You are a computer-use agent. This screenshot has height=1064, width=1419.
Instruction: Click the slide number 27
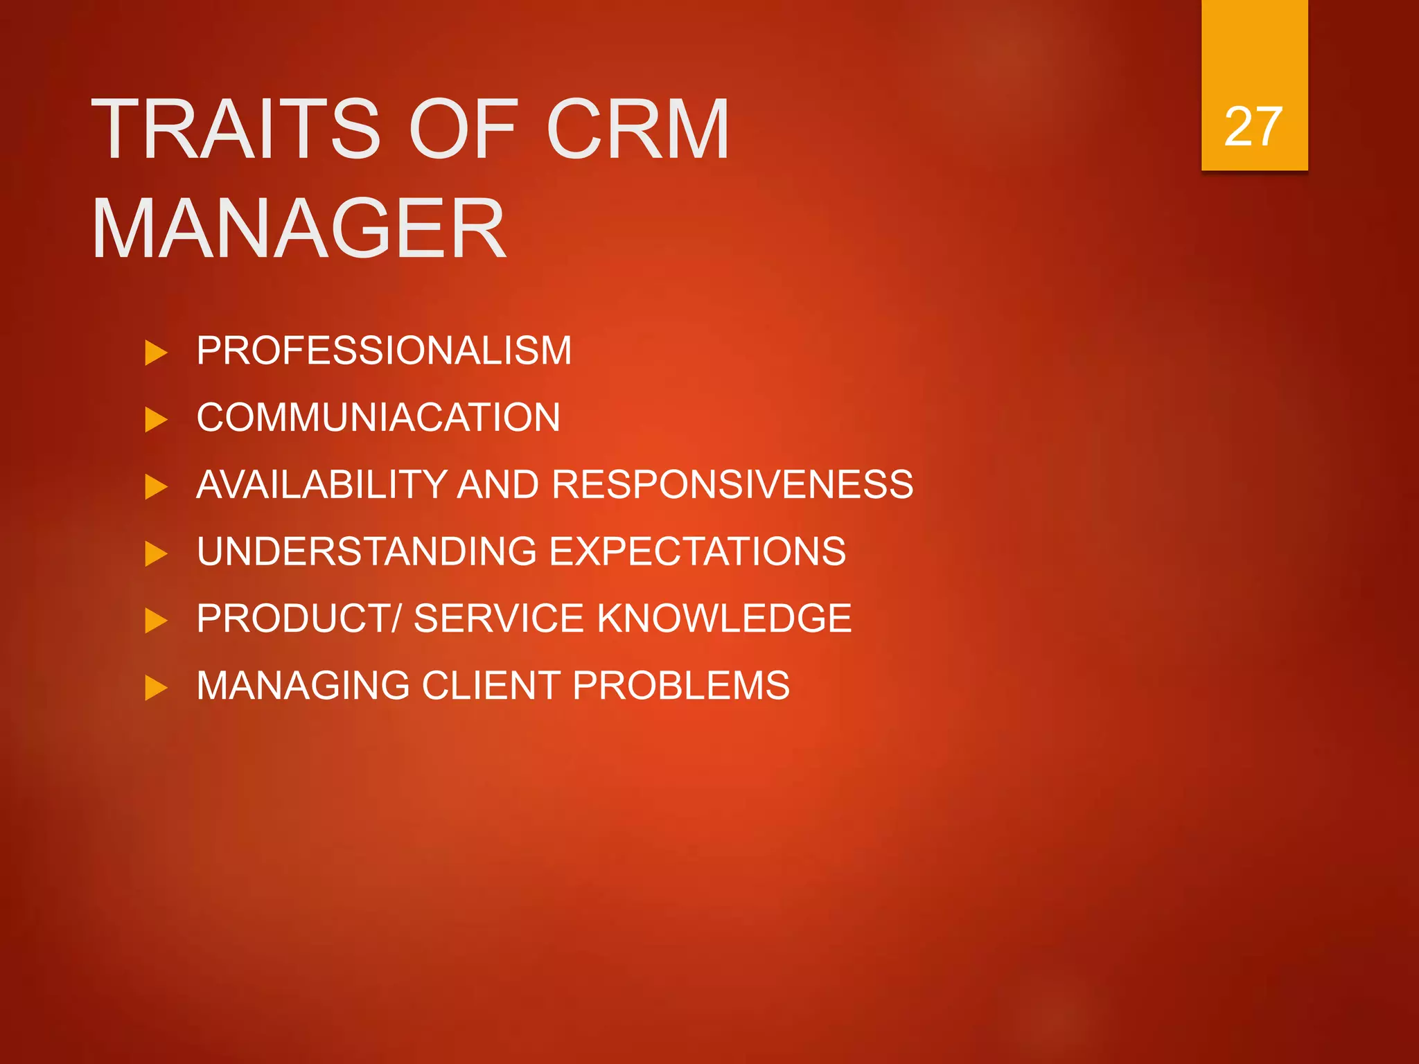(1253, 127)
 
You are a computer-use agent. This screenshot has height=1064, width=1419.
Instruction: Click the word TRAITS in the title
(236, 130)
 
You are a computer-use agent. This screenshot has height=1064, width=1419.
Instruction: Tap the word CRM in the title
(637, 130)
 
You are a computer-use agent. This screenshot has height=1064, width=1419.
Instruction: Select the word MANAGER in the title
(299, 229)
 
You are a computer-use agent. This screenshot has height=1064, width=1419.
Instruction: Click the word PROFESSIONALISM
(384, 351)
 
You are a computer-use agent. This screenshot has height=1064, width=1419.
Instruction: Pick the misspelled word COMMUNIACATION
(378, 418)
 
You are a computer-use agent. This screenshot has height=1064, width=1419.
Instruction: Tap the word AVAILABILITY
(322, 484)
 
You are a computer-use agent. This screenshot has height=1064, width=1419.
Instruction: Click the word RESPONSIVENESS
(732, 484)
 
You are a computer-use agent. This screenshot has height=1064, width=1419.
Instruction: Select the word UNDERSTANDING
(367, 551)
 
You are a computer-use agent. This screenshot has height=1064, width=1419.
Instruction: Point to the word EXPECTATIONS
(697, 551)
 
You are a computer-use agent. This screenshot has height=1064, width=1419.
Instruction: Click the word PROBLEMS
(680, 686)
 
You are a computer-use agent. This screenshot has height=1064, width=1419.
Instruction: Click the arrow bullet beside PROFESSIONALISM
(156, 353)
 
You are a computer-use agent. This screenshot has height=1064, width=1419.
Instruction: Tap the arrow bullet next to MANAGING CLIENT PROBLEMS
(156, 688)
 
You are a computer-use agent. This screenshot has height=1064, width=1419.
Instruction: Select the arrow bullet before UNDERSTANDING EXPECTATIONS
(156, 553)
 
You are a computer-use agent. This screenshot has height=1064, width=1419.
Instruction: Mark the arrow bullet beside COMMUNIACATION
(156, 420)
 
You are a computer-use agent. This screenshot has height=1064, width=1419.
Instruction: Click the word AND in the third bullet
(498, 484)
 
